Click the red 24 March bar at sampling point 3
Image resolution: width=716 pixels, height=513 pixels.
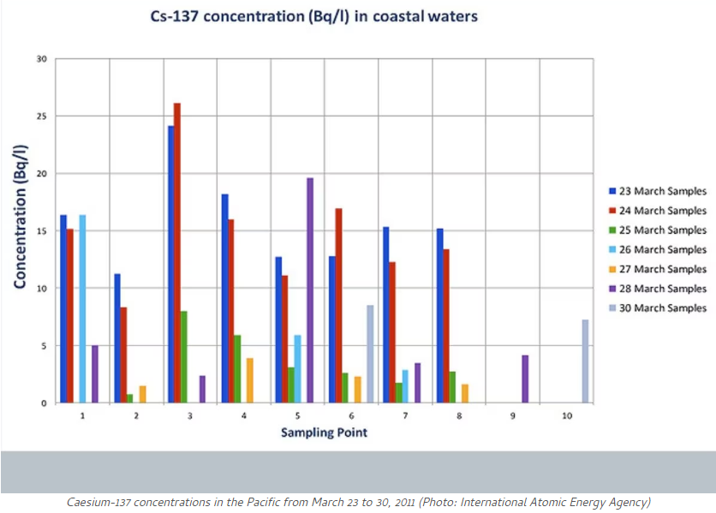177,254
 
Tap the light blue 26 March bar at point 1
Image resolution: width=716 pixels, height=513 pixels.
82,308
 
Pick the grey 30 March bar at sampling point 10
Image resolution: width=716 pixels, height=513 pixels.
586,361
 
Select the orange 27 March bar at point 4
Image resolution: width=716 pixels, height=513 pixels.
250,380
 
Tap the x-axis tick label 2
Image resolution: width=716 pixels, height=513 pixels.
135,415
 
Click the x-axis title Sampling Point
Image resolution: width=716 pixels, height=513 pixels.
324,432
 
